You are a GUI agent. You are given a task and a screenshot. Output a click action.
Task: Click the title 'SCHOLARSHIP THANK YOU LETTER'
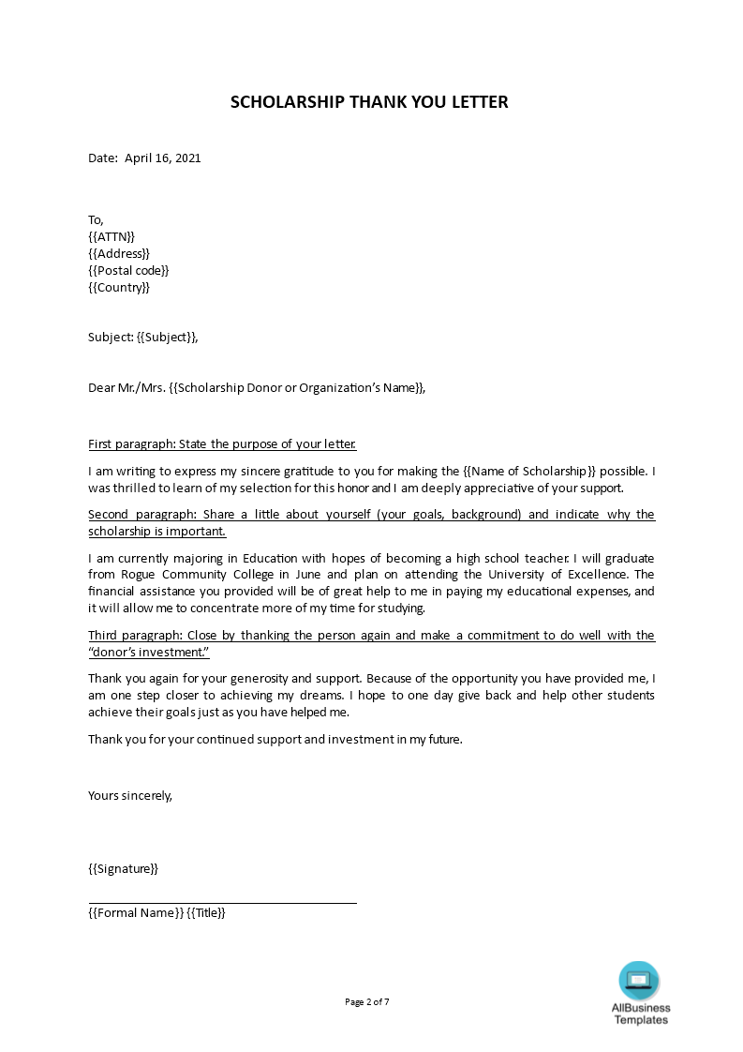click(369, 102)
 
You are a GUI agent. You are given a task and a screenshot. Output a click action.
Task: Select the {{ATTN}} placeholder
click(111, 236)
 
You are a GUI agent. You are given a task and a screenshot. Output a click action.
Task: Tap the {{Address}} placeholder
click(119, 253)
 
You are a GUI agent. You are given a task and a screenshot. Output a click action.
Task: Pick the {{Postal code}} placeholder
click(128, 270)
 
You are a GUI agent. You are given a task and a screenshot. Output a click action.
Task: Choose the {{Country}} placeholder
click(119, 287)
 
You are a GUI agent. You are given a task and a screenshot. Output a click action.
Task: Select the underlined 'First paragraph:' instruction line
click(222, 443)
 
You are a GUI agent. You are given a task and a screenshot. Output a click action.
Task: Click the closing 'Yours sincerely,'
click(130, 795)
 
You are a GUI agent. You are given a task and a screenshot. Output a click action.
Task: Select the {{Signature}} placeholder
click(123, 868)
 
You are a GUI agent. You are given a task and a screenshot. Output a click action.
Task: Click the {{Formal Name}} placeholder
click(135, 913)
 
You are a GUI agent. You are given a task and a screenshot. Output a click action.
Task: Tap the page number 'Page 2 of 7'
click(367, 1001)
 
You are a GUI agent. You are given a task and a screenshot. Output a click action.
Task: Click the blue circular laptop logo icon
click(639, 981)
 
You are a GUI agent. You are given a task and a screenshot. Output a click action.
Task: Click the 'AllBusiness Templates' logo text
click(641, 1014)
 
